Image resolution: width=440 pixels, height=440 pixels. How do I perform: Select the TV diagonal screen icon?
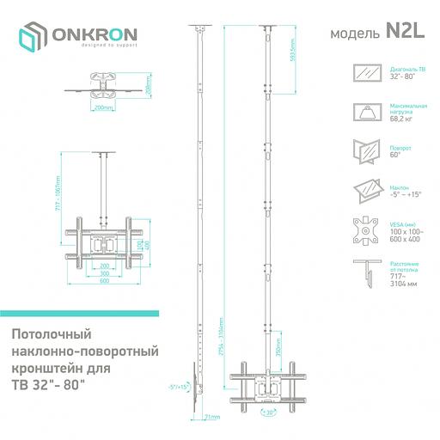(x=369, y=73)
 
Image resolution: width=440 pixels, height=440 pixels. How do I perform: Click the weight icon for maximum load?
(x=369, y=111)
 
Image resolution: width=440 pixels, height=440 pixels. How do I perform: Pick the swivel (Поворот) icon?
(x=369, y=150)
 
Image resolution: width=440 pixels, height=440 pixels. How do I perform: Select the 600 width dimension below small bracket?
(x=104, y=281)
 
